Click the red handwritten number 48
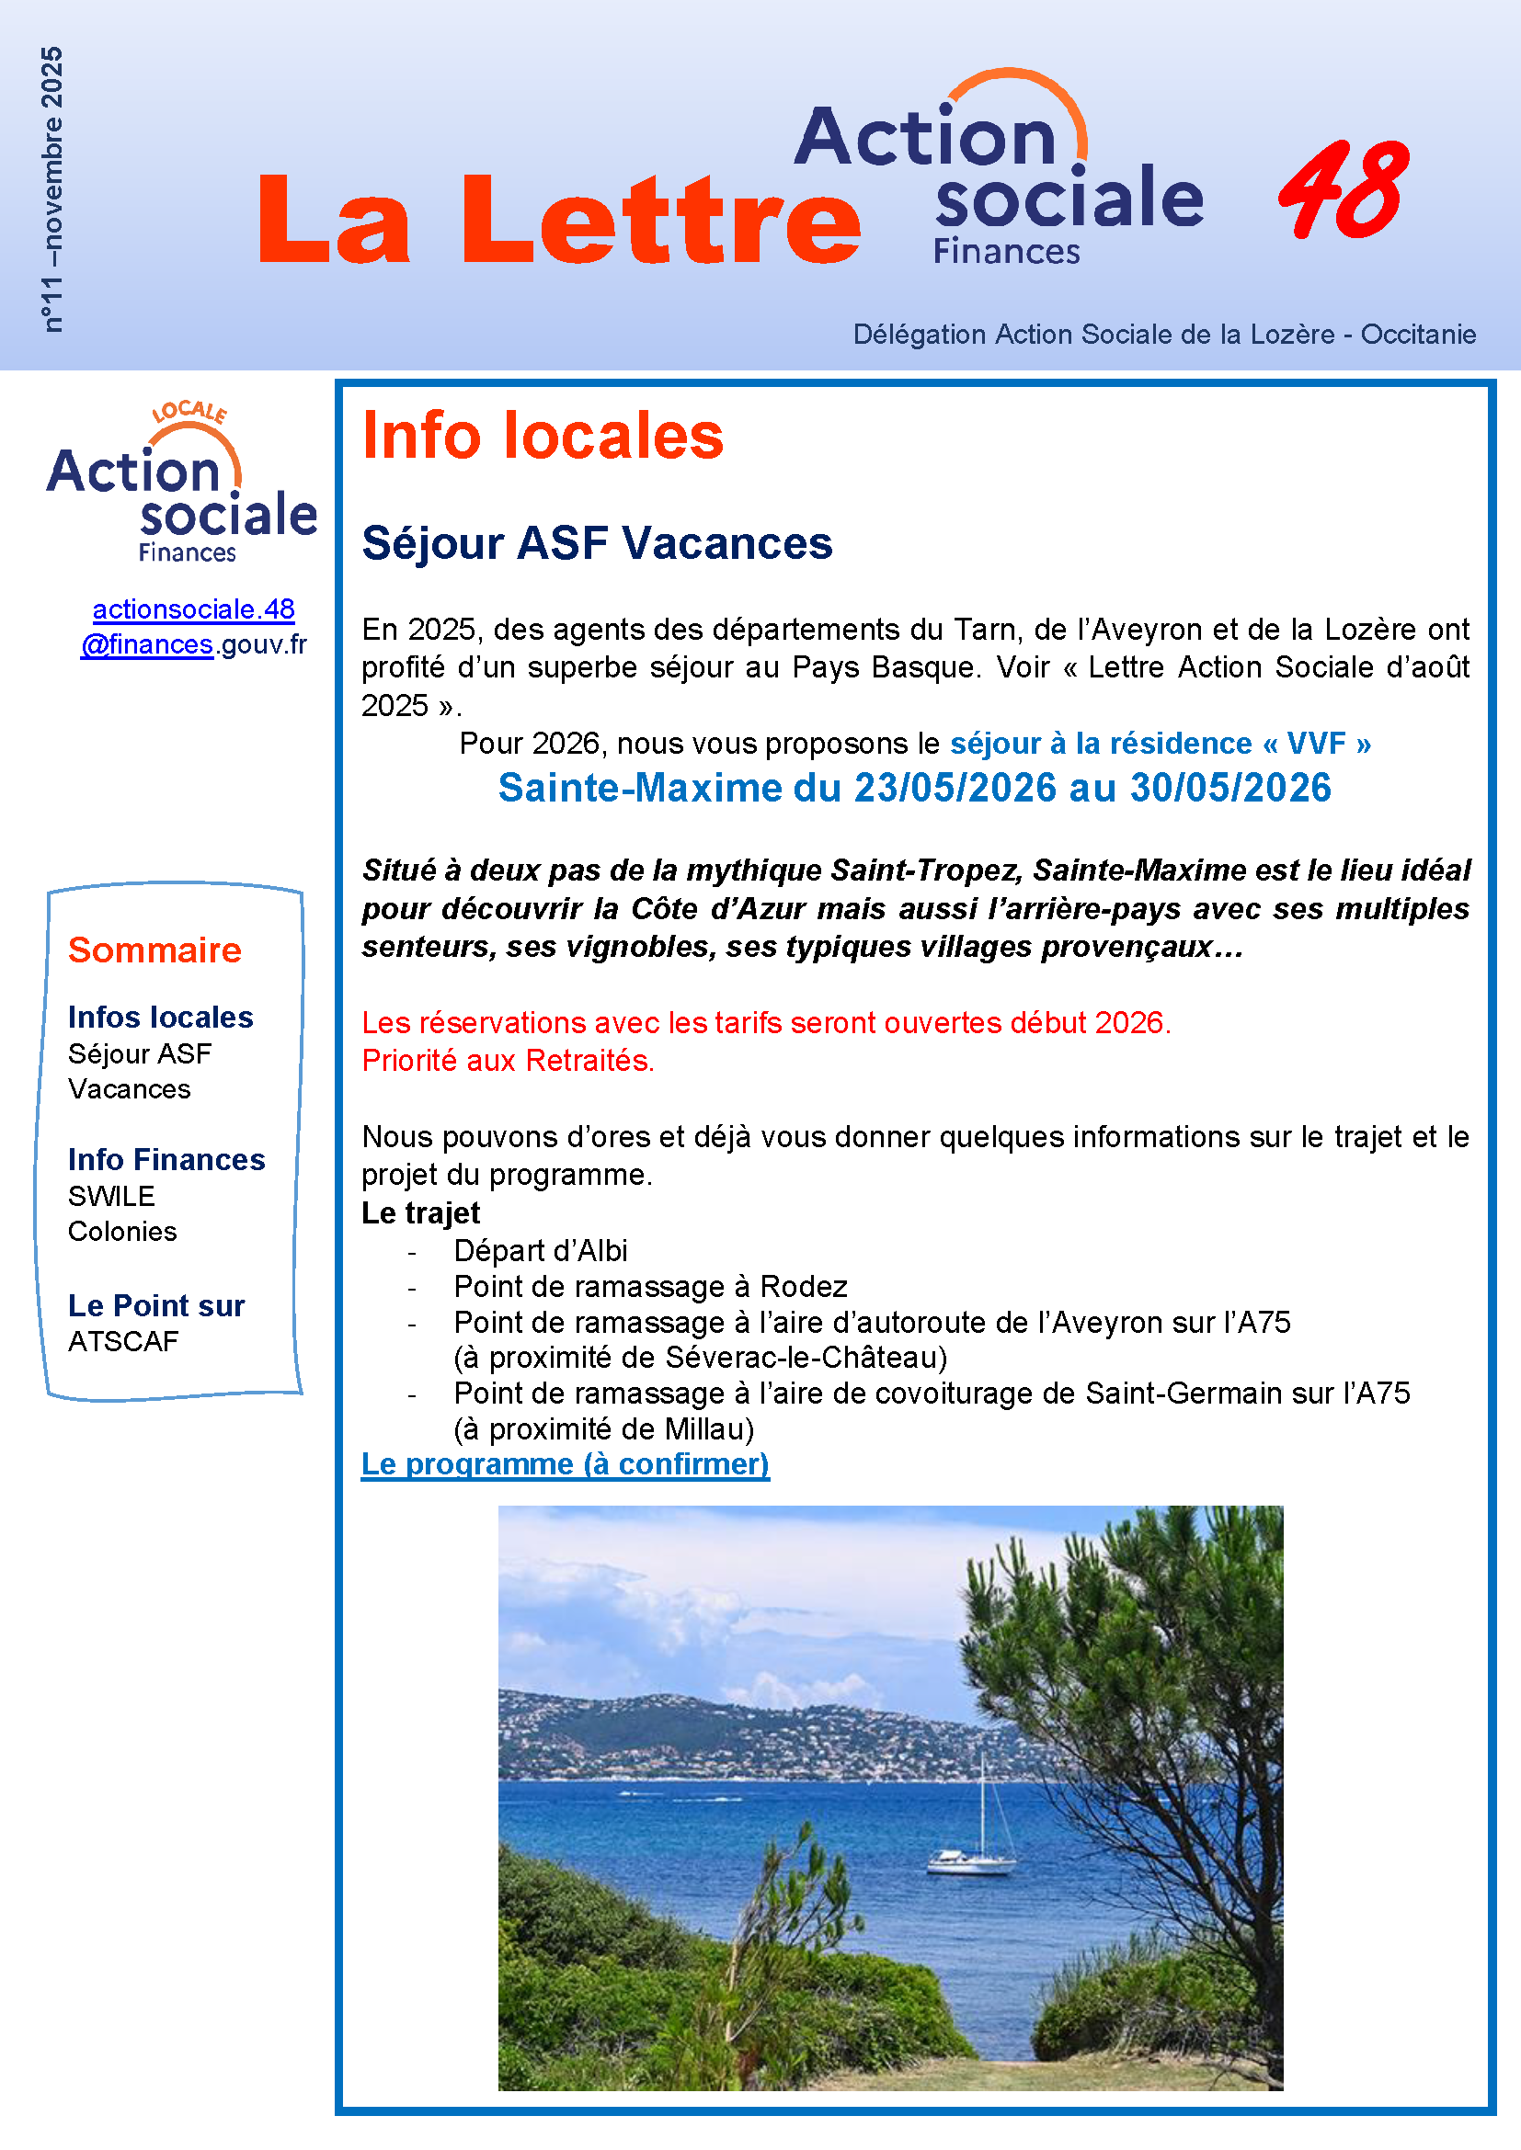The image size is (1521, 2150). [x=1344, y=190]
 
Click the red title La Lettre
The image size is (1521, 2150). [x=559, y=220]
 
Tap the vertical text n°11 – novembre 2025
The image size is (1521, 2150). [x=52, y=189]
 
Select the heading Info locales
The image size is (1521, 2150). [x=543, y=437]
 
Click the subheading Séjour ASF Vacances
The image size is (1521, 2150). [x=597, y=543]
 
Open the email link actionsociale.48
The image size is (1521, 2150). [x=193, y=609]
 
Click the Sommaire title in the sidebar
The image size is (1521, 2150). [x=154, y=950]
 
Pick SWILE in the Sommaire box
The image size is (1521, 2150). [x=111, y=1196]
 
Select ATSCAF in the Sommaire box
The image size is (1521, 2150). [x=122, y=1341]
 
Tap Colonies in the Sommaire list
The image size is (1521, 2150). [x=121, y=1232]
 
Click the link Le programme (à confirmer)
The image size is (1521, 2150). [x=565, y=1463]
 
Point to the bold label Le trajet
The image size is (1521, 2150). [x=420, y=1212]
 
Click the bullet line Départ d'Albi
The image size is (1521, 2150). [x=541, y=1250]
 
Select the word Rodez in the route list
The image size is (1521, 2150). [x=803, y=1287]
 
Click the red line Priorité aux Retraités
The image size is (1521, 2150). [x=508, y=1060]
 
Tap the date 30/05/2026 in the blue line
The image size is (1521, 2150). [x=1229, y=788]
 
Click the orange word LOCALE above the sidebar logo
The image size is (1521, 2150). [x=189, y=412]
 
